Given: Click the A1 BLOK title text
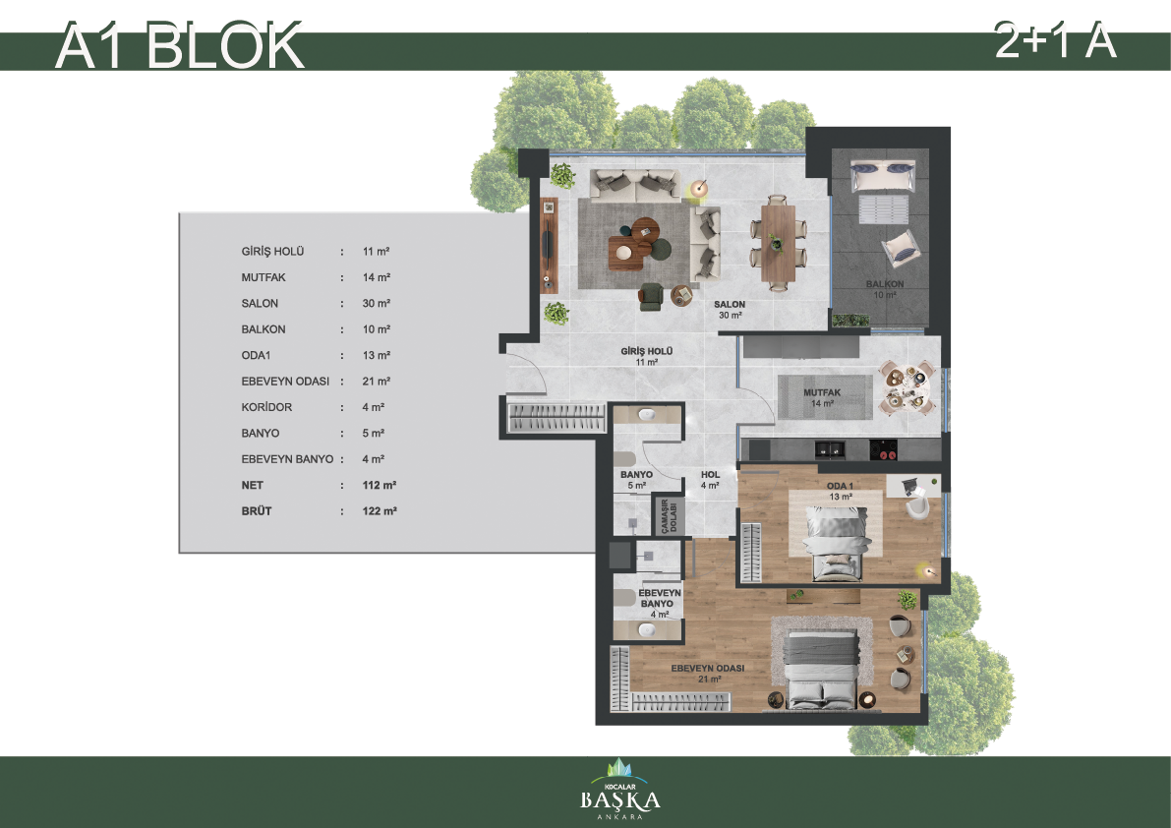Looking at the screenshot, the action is [x=179, y=46].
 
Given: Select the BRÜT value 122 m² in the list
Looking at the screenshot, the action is [x=380, y=510].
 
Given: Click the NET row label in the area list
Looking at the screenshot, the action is [x=253, y=486].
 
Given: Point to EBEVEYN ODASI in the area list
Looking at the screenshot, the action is [x=285, y=381].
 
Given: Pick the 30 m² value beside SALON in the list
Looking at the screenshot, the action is [x=377, y=303].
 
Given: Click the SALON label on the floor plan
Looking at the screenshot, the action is [x=730, y=304].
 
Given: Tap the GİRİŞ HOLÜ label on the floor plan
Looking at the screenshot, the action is [x=647, y=351].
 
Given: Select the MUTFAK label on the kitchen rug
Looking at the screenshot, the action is [x=822, y=392].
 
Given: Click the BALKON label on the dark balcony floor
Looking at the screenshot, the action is [x=885, y=284].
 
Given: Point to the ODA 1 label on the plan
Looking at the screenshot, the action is [x=841, y=486].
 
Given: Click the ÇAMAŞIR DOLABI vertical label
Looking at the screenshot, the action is [x=669, y=515].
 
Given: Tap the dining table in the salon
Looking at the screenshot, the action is [x=778, y=243].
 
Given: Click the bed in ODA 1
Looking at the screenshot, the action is [x=838, y=542].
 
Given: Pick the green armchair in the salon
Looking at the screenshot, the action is [x=651, y=296].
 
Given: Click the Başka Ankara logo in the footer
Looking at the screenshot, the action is [x=620, y=791].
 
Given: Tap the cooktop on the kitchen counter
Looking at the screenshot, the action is [x=884, y=449].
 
